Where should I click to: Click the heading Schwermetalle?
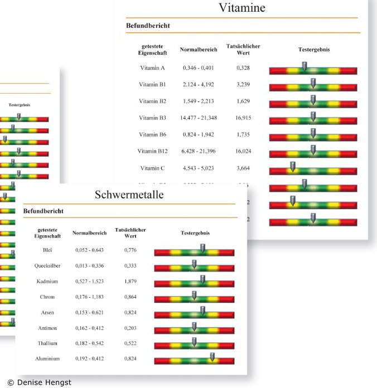tap(128, 195)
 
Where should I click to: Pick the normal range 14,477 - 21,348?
tap(199, 118)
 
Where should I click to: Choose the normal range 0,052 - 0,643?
tap(90, 250)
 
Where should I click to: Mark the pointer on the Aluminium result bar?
tap(212, 357)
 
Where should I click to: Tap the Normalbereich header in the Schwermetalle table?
tap(89, 232)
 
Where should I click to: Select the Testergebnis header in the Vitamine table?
tap(314, 49)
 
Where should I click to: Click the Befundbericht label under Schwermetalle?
tap(43, 211)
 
